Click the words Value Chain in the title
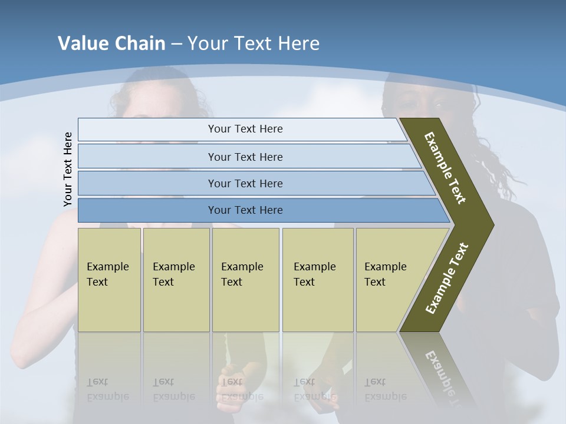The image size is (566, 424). [111, 44]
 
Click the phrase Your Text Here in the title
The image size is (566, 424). [254, 44]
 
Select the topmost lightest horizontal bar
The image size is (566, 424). [242, 129]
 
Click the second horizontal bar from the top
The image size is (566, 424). [245, 157]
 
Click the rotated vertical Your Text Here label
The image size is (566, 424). [68, 170]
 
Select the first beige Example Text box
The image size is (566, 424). [109, 280]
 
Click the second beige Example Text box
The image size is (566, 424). [176, 280]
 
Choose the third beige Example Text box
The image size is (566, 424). [245, 280]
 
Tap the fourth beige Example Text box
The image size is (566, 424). [317, 280]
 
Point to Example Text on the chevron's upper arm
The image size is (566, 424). [445, 168]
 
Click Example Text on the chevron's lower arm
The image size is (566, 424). [447, 278]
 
